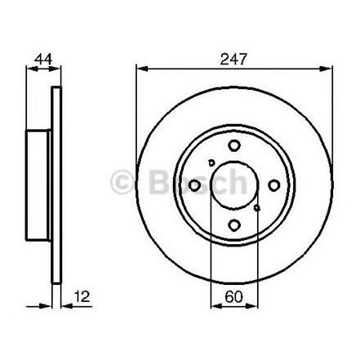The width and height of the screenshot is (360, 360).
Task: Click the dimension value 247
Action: [233, 59]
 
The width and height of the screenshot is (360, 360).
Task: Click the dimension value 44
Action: [43, 59]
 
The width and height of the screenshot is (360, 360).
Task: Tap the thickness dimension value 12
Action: [82, 296]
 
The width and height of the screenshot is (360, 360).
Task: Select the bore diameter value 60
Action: [233, 296]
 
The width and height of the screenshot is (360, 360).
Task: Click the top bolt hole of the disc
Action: [234, 145]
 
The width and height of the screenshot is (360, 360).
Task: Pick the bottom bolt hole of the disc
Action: [234, 225]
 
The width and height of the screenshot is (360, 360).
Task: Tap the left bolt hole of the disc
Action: [194, 185]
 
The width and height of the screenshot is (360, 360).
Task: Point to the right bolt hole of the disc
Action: [273, 185]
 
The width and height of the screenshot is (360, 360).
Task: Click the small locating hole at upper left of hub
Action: [211, 162]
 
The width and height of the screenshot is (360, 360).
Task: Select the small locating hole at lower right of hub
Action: [256, 208]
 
